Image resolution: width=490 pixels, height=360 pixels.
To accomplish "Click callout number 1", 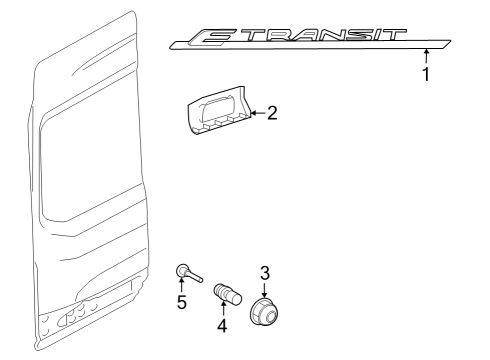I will pos(427,74).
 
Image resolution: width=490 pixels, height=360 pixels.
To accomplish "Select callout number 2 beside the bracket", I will pos(271,113).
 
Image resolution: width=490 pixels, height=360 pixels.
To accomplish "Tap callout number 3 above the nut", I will pos(265,272).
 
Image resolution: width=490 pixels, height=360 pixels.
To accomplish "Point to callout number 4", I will pos(222,325).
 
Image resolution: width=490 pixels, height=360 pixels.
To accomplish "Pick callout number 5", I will pos(182,302).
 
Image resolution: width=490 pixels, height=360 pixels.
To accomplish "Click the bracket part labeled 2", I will pos(214,113).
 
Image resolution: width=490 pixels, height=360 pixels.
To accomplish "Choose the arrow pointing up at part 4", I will pos(222,310).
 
